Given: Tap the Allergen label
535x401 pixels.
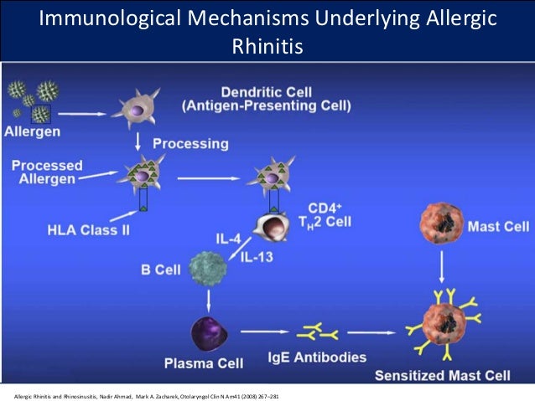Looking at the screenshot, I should click(x=32, y=131).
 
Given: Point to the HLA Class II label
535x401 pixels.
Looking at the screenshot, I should click(x=89, y=229).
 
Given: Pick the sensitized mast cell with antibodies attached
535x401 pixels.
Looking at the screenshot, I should click(x=442, y=325).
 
